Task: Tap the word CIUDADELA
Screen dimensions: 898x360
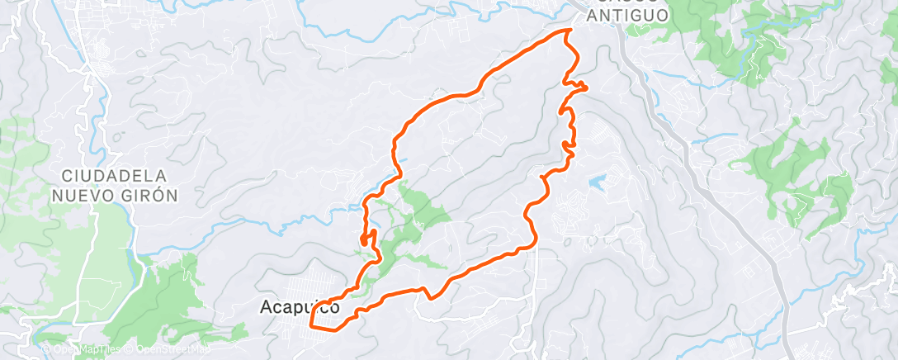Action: pos(115,176)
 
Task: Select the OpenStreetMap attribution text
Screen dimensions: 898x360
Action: pos(165,348)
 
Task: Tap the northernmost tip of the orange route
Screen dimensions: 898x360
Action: pos(569,30)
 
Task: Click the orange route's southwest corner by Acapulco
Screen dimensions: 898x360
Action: pos(311,325)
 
